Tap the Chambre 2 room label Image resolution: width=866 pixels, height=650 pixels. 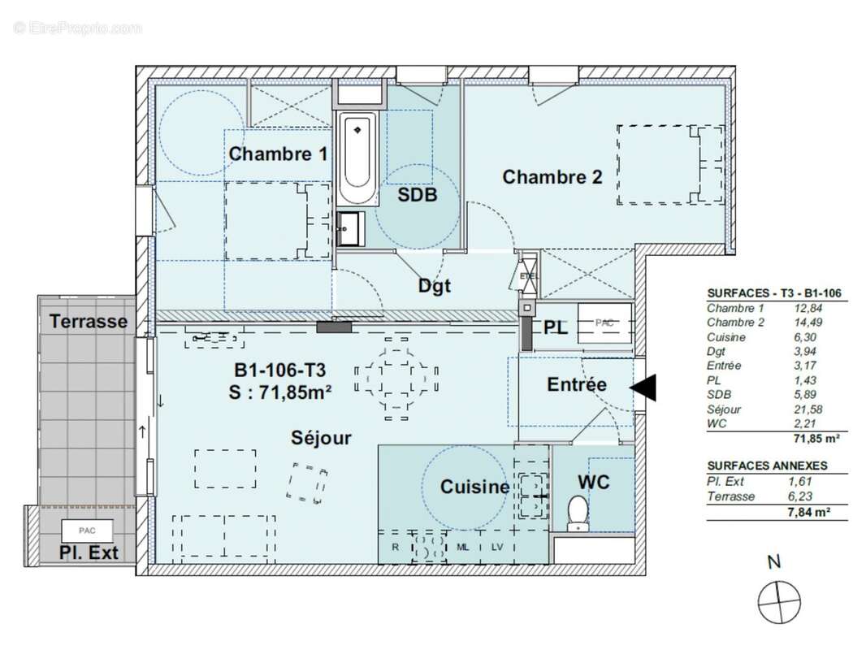(x=552, y=176)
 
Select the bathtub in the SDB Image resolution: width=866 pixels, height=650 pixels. (x=357, y=159)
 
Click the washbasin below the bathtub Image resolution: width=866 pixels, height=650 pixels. (x=351, y=228)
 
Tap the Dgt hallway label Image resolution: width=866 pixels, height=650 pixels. (x=434, y=286)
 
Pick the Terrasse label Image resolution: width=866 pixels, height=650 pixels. (x=89, y=321)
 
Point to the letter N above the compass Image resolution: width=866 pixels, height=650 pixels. (x=774, y=561)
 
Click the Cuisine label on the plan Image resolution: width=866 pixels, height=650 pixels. (x=474, y=487)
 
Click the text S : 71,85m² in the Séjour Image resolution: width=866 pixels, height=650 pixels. (x=281, y=392)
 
